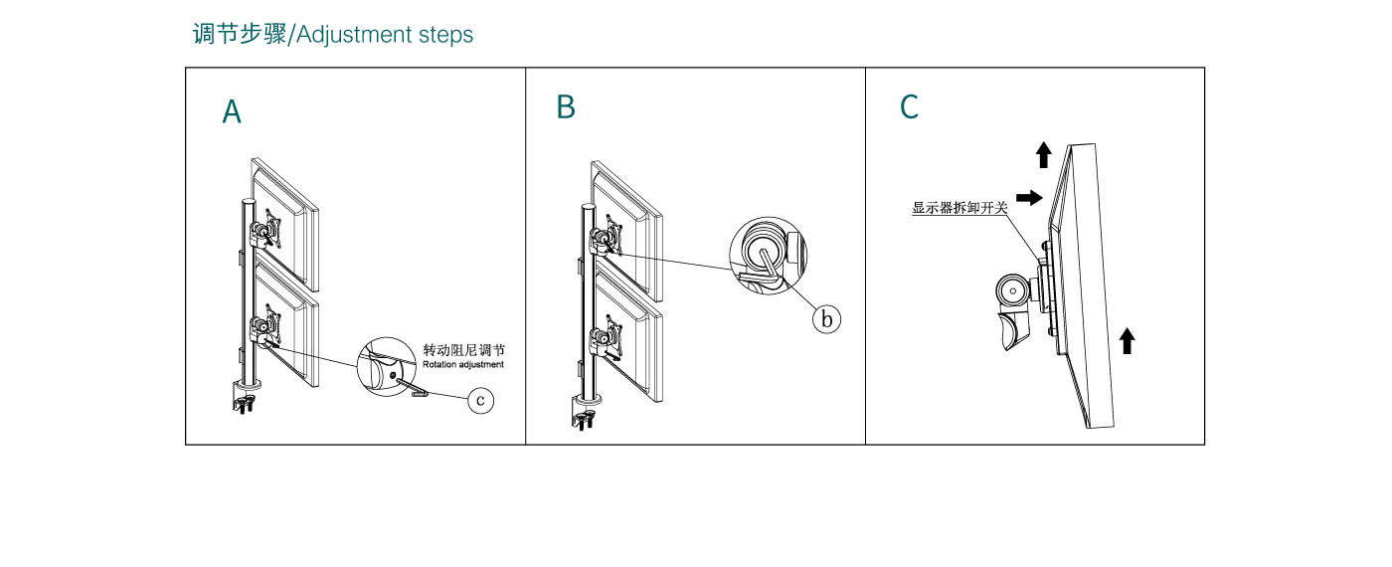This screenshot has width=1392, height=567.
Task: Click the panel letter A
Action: tap(232, 112)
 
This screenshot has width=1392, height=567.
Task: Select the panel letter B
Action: tap(566, 107)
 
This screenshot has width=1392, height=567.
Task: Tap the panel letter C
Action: tap(909, 107)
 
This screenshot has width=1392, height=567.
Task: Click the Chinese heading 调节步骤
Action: tap(239, 35)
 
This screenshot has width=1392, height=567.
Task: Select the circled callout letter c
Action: tap(480, 400)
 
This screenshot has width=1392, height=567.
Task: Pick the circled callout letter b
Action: tap(826, 319)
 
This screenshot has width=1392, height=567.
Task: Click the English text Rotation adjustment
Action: tap(462, 365)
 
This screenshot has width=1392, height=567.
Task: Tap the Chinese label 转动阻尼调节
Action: tap(463, 350)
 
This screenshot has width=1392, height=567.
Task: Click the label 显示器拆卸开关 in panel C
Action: tap(959, 209)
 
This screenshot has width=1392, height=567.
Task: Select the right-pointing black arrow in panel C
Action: tap(1030, 197)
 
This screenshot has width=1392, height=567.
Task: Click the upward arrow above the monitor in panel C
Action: tap(1043, 154)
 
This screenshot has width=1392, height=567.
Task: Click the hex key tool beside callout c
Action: tap(419, 393)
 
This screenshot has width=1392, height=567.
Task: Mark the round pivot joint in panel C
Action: tap(1013, 292)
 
